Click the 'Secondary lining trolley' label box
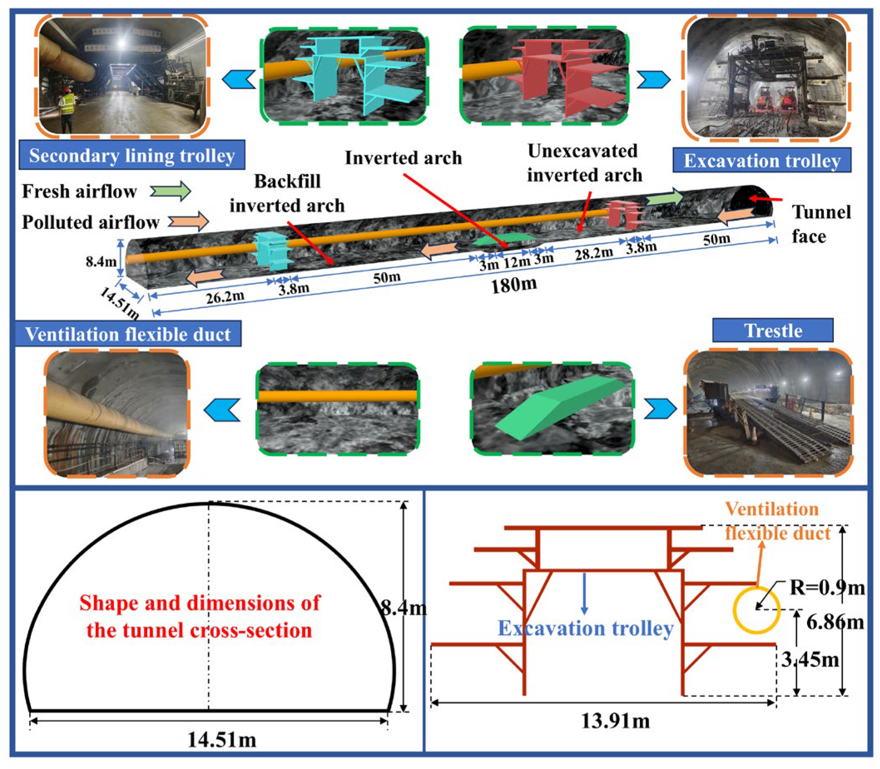coord(132,155)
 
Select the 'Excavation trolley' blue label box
coord(762,161)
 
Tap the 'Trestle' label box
coord(773,331)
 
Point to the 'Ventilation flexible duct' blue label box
coord(128,334)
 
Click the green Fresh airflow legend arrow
coord(171,192)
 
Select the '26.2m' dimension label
coord(225,296)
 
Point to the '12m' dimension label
coord(517,261)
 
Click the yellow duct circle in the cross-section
coord(756,611)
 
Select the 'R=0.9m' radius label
coord(827,587)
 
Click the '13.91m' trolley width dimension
coord(615,721)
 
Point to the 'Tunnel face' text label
coord(821,224)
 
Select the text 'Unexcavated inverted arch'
coord(584,163)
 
